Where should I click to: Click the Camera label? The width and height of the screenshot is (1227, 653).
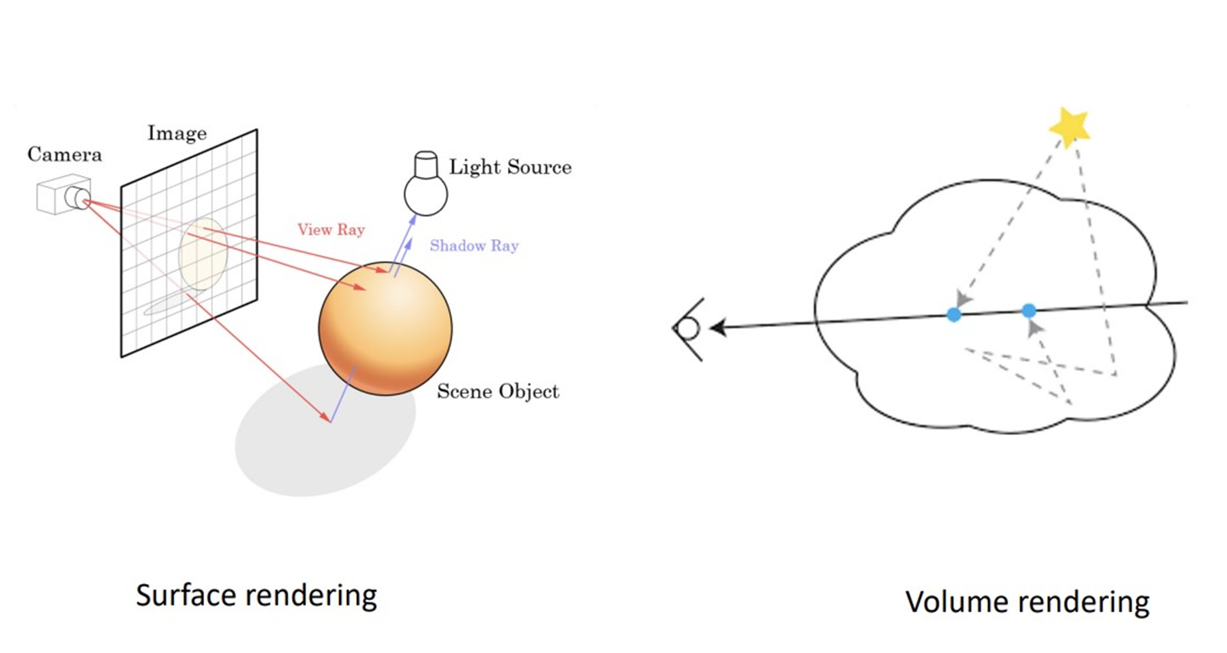click(64, 155)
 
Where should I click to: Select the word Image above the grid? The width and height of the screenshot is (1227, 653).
click(177, 133)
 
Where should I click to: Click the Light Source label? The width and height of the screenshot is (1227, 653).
click(510, 167)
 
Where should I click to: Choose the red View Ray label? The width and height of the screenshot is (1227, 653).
click(331, 229)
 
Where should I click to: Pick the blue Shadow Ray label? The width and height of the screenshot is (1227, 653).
click(474, 245)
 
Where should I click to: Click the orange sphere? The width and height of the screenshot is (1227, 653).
click(385, 328)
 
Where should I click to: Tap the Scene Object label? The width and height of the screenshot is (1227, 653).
click(498, 392)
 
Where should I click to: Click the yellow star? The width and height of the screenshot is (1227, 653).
click(1069, 126)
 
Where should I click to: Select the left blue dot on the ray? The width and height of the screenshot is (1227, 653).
click(954, 314)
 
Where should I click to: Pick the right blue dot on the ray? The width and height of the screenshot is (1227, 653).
click(1029, 310)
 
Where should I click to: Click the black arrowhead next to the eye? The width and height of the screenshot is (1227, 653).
click(718, 328)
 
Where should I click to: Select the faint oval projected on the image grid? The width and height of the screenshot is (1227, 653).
click(202, 254)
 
